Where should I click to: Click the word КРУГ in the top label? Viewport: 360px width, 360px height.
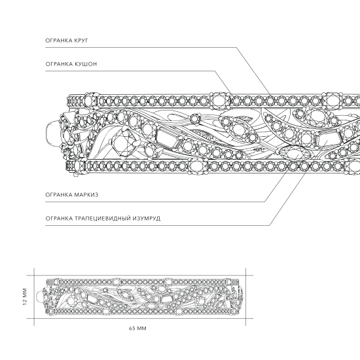click(x=81, y=41)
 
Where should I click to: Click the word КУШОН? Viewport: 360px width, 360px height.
click(x=85, y=64)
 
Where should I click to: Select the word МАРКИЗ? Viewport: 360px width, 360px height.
click(x=86, y=195)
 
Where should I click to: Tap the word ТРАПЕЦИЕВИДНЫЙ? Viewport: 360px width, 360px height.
click(x=102, y=219)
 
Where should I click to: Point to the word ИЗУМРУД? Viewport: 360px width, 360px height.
click(x=146, y=219)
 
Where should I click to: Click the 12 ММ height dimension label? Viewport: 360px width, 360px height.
click(x=25, y=297)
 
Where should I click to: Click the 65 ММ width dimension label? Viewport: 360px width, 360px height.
click(x=137, y=329)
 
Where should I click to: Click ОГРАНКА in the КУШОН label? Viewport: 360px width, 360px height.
click(x=59, y=64)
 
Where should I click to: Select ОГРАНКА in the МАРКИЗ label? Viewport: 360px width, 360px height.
click(x=59, y=195)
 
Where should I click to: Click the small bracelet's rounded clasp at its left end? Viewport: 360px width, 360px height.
click(x=40, y=297)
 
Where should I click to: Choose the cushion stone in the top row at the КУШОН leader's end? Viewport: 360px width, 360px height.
click(x=220, y=101)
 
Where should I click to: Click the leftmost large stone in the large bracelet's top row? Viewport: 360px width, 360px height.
click(x=92, y=101)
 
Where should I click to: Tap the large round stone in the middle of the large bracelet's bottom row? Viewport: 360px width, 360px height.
click(x=198, y=166)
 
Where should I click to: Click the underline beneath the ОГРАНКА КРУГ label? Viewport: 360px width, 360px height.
click(x=141, y=48)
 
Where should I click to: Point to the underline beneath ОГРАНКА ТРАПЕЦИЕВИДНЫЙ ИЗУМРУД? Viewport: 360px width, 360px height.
click(x=157, y=225)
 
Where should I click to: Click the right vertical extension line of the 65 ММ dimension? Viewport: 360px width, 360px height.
click(x=245, y=297)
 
